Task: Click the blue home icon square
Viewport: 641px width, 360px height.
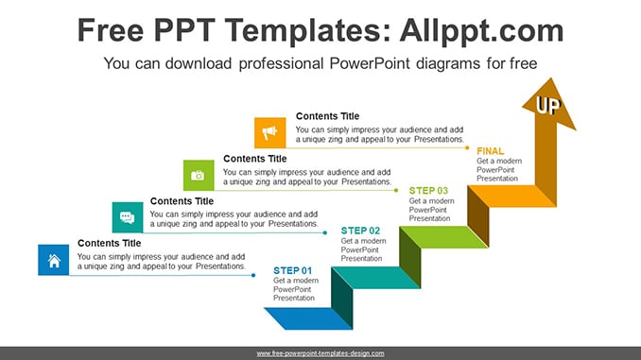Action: pos(54,260)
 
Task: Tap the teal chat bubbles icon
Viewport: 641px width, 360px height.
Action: pos(128,217)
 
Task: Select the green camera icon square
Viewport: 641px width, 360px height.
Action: pos(199,176)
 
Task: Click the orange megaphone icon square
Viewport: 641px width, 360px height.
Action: pos(270,133)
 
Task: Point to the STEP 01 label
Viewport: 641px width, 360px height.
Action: pos(293,270)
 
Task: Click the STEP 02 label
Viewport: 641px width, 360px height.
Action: pos(360,231)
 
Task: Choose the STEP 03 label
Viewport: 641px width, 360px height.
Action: pos(428,191)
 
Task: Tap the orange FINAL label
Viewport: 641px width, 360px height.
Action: pos(490,151)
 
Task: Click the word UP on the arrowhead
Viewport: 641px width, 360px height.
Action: pos(548,106)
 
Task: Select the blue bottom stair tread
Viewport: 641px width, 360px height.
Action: pos(308,318)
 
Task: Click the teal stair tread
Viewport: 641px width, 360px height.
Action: pos(376,278)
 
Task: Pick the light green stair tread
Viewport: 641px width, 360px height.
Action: pos(444,237)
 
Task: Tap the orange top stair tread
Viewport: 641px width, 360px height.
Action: pos(511,197)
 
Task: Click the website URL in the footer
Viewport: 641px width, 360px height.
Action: pos(320,353)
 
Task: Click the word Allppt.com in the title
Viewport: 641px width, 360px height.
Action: pos(481,30)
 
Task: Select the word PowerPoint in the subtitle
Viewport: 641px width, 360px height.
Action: pos(370,63)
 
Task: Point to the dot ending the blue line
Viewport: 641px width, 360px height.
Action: pos(253,275)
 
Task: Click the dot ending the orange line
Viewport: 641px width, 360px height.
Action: pos(467,148)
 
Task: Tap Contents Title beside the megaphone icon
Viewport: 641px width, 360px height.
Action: pos(327,116)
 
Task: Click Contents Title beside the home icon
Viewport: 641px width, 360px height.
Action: pos(109,243)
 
